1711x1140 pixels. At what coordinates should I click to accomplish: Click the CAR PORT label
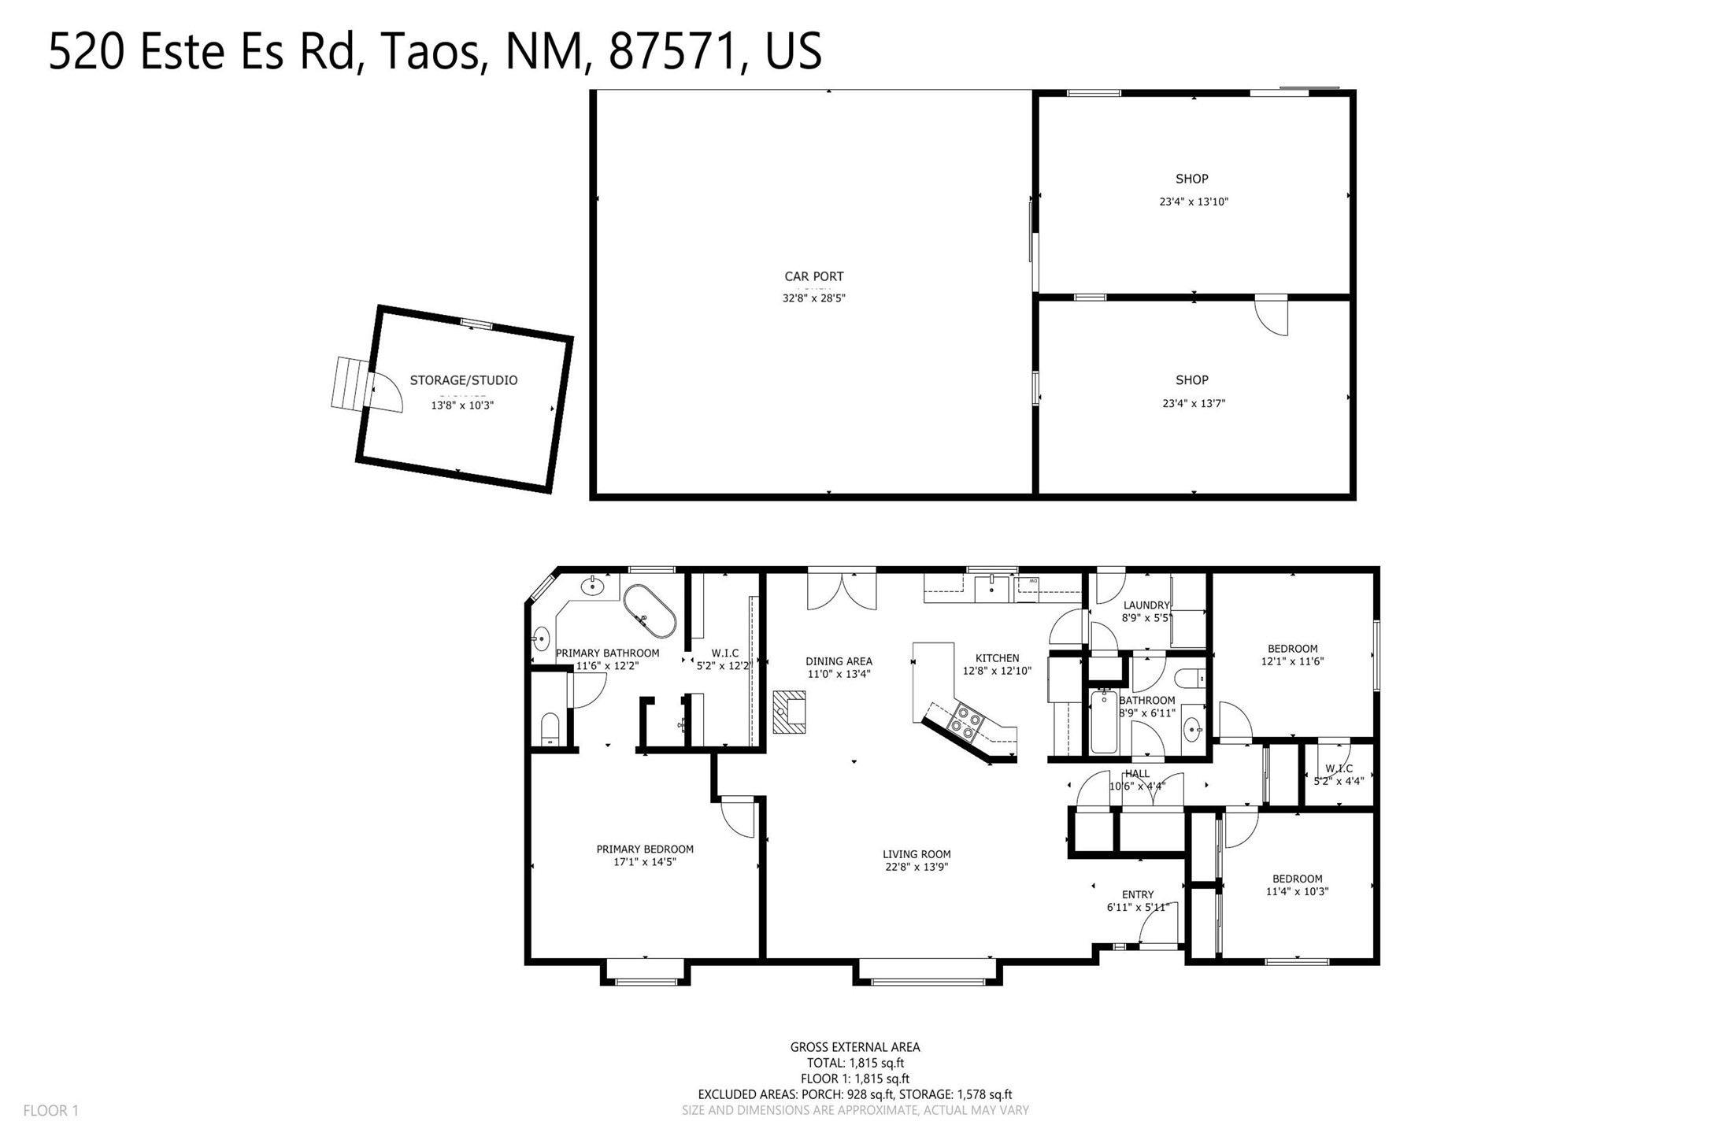click(x=813, y=276)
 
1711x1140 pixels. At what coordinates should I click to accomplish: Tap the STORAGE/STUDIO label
click(x=464, y=380)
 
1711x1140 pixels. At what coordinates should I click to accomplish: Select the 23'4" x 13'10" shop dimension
click(x=1194, y=202)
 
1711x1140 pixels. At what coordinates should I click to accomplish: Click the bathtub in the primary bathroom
click(x=650, y=611)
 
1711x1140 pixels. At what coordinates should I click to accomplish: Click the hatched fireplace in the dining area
click(x=789, y=712)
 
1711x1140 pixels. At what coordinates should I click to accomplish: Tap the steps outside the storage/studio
click(x=350, y=383)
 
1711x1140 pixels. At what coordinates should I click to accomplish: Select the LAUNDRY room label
click(x=1146, y=605)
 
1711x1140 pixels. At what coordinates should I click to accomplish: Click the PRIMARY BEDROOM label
click(x=645, y=849)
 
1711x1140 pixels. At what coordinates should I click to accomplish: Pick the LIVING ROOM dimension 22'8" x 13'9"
click(x=917, y=867)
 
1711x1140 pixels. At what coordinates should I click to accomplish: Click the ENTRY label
click(x=1138, y=894)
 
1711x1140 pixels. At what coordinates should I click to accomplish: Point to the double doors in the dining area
click(x=842, y=590)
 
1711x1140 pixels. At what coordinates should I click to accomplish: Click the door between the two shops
click(x=1271, y=316)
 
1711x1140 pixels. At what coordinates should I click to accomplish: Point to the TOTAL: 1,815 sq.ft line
click(x=855, y=1063)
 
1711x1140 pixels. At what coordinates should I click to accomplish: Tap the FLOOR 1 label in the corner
click(x=51, y=1111)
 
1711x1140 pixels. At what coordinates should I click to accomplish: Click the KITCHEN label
click(x=998, y=658)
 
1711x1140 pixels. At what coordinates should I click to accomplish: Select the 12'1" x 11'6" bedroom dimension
click(x=1292, y=661)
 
